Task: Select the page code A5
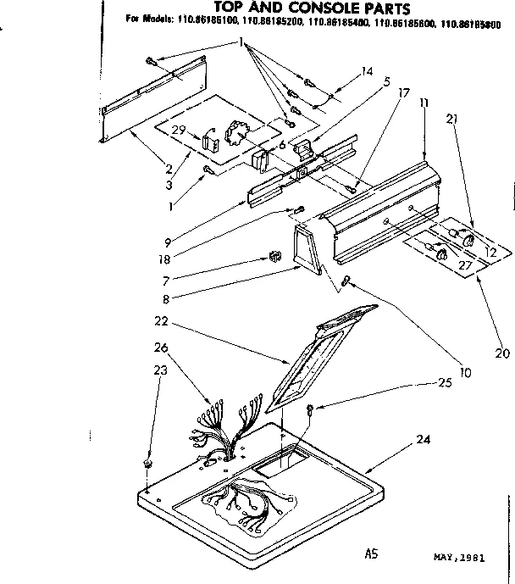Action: pyautogui.click(x=370, y=555)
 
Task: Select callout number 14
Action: pyautogui.click(x=366, y=73)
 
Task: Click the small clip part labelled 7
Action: pyautogui.click(x=273, y=254)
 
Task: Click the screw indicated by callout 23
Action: pyautogui.click(x=147, y=464)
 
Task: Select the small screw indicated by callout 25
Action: pyautogui.click(x=311, y=409)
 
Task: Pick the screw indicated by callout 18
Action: pyautogui.click(x=299, y=209)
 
